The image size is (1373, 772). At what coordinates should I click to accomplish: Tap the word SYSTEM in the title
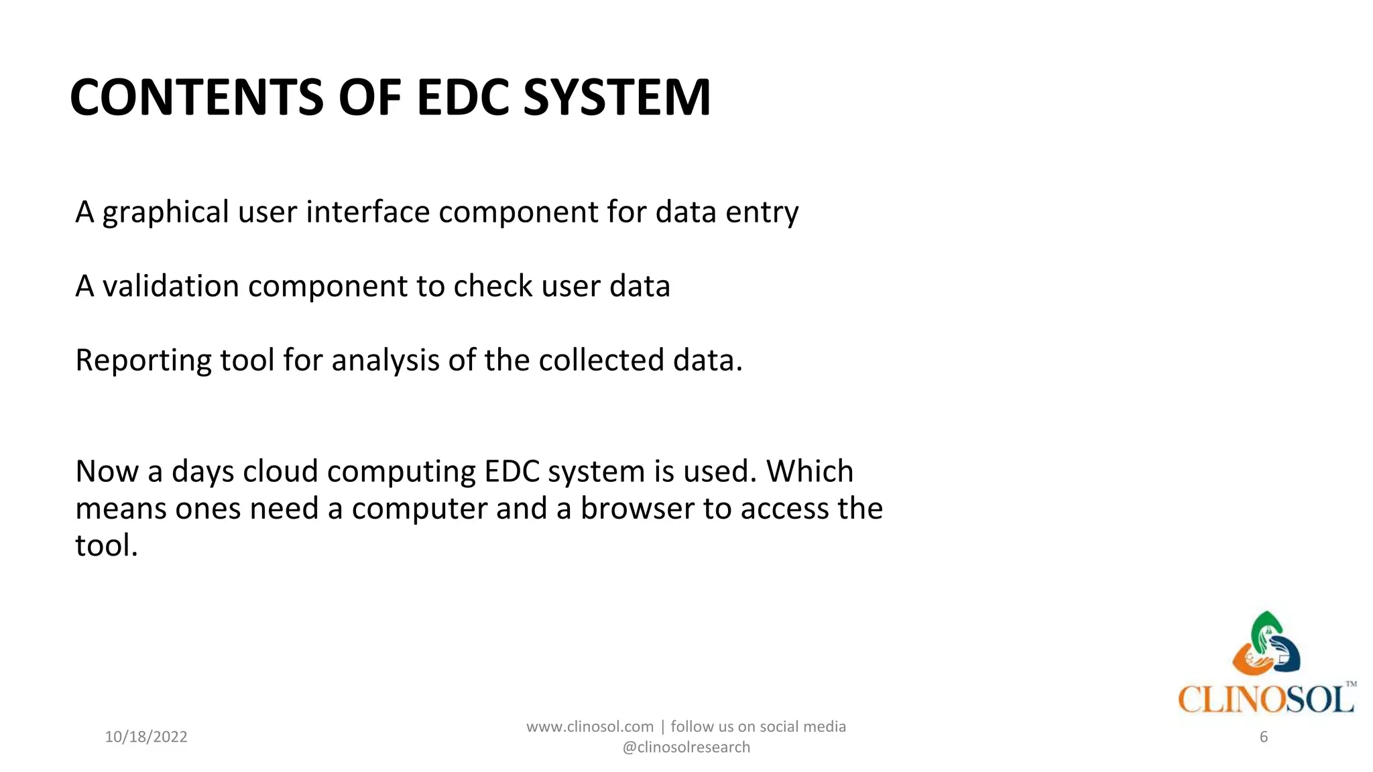click(616, 98)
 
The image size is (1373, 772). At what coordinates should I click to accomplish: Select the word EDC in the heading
click(463, 98)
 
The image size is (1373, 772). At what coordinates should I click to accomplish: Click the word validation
click(170, 286)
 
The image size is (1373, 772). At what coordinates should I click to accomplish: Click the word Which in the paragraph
click(810, 472)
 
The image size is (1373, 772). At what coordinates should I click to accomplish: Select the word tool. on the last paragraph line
click(106, 545)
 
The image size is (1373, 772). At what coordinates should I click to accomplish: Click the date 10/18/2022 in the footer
click(146, 737)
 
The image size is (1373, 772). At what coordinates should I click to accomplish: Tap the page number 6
click(1264, 737)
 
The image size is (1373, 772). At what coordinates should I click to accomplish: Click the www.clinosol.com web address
click(589, 727)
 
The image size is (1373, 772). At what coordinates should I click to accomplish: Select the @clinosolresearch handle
click(686, 747)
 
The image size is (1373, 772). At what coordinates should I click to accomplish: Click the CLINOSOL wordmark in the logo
click(1265, 700)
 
